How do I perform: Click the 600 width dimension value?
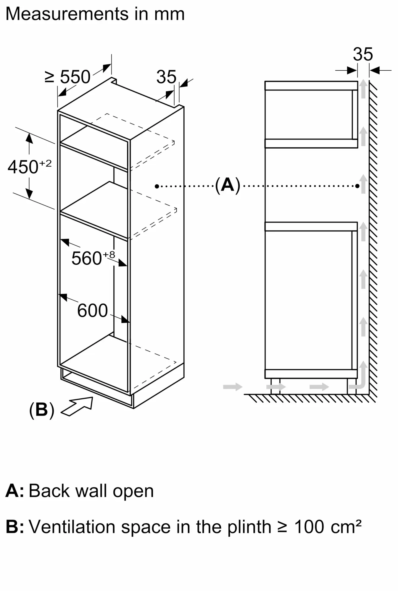tap(92, 311)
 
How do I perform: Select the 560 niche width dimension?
tap(86, 258)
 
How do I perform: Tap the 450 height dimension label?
tap(23, 167)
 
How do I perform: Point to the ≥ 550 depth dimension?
tap(68, 77)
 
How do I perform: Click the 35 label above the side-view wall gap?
tap(363, 54)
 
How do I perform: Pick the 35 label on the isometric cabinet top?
tap(166, 77)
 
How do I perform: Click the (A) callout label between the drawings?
tap(227, 185)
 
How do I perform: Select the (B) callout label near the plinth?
tap(42, 410)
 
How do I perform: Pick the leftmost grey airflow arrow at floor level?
tap(233, 387)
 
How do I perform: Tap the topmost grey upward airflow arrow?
tap(363, 89)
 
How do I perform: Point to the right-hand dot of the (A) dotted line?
tap(357, 186)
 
